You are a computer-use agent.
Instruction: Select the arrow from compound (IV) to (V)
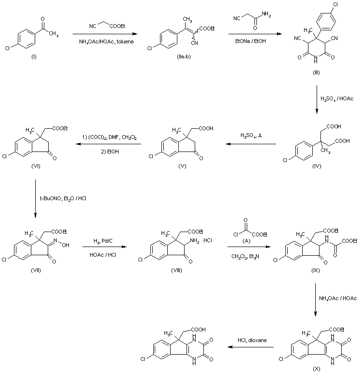252,144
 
